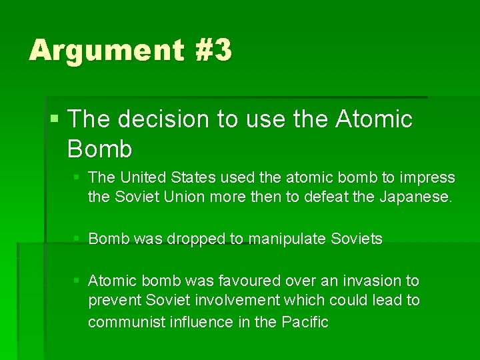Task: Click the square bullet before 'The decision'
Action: coord(55,120)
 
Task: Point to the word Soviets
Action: coord(357,239)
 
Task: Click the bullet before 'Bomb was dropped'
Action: coord(78,239)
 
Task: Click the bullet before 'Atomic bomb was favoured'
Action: coord(78,281)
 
